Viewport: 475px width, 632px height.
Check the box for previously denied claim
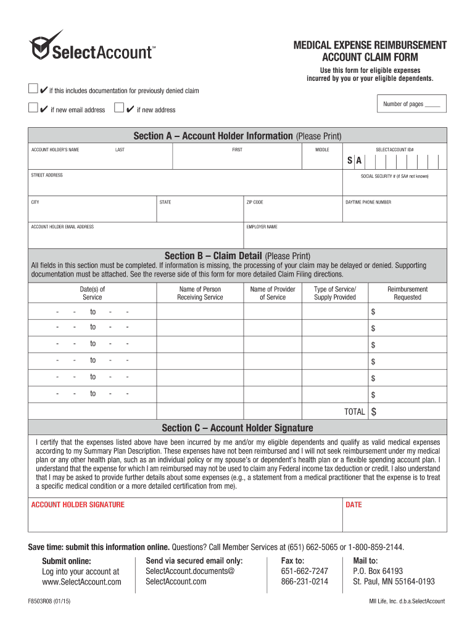pyautogui.click(x=33, y=89)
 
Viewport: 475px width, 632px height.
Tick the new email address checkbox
pyautogui.click(x=33, y=109)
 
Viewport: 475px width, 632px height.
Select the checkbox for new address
pyautogui.click(x=119, y=109)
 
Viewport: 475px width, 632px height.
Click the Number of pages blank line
pyautogui.click(x=432, y=106)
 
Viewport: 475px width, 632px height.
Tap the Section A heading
pyautogui.click(x=237, y=136)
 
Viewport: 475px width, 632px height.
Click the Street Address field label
pyautogui.click(x=47, y=175)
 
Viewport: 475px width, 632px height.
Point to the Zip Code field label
pyautogui.click(x=255, y=202)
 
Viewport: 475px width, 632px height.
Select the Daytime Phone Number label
pyautogui.click(x=368, y=202)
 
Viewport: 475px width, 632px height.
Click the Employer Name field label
pyautogui.click(x=262, y=227)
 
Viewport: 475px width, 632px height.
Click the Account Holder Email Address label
pyautogui.click(x=62, y=227)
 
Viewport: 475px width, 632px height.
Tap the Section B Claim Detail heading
pyautogui.click(x=237, y=256)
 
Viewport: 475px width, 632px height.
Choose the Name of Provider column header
pyautogui.click(x=273, y=293)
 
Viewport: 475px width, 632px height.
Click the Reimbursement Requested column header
pyautogui.click(x=407, y=293)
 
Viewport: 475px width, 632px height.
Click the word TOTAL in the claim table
pyautogui.click(x=355, y=412)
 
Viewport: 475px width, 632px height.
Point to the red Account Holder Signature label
pyautogui.click(x=78, y=505)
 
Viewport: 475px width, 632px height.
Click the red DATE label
pyautogui.click(x=353, y=505)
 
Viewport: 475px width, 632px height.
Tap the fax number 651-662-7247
pyautogui.click(x=305, y=572)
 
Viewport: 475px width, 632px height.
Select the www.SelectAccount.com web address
pyautogui.click(x=81, y=582)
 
